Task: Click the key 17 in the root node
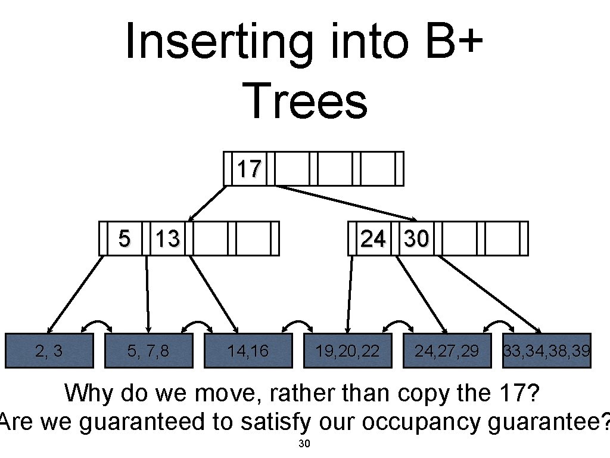pyautogui.click(x=249, y=169)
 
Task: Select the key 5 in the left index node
pyautogui.click(x=123, y=239)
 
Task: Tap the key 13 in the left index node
pyautogui.click(x=167, y=239)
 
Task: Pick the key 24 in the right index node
pyautogui.click(x=373, y=239)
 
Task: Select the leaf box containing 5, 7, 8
pyautogui.click(x=148, y=351)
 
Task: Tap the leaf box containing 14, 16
pyautogui.click(x=248, y=351)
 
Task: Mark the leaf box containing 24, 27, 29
pyautogui.click(x=447, y=351)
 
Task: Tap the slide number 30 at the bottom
pyautogui.click(x=304, y=444)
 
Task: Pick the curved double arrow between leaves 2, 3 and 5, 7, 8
pyautogui.click(x=97, y=324)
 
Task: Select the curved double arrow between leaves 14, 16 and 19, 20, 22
pyautogui.click(x=297, y=324)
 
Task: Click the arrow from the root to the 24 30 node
pyautogui.click(x=346, y=203)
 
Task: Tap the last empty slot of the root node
pyautogui.click(x=378, y=169)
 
